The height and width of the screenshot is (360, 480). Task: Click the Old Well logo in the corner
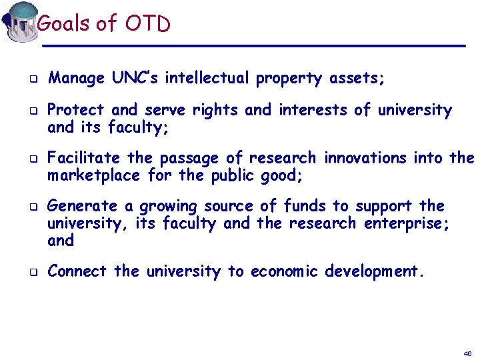tap(19, 21)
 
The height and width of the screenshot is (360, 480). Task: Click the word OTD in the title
tap(147, 24)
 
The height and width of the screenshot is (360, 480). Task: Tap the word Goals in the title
tap(63, 24)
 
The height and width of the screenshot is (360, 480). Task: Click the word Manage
tap(76, 79)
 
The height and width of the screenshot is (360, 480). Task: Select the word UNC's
tap(135, 78)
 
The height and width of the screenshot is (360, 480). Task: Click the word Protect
tap(76, 109)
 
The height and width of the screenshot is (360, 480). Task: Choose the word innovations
tap(365, 158)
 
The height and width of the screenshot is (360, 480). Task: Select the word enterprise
tap(405, 223)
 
